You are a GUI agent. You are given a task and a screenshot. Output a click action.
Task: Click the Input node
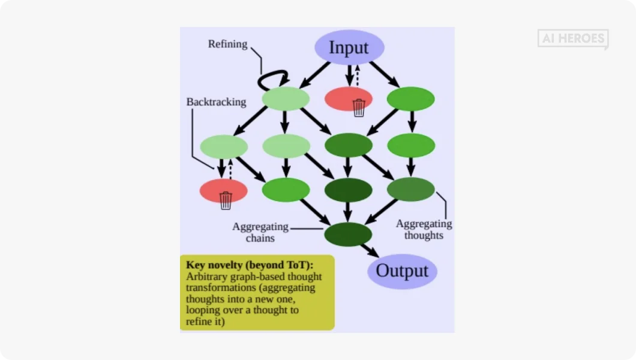tap(349, 47)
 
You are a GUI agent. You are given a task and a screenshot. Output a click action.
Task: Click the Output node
tap(402, 271)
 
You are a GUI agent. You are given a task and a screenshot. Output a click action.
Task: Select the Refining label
tap(227, 44)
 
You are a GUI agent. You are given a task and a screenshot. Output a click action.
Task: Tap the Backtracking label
tap(216, 102)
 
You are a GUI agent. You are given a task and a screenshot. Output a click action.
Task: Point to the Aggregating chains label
tap(260, 233)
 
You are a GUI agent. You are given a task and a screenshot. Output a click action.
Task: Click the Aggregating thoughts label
tap(424, 230)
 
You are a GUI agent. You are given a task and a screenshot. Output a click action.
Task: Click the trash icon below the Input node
tap(359, 107)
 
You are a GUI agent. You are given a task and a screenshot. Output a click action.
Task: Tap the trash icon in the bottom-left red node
tap(226, 200)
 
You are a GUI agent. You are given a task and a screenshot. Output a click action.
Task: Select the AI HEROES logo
tap(573, 39)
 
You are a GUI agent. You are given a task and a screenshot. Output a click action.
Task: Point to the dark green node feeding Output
tap(348, 234)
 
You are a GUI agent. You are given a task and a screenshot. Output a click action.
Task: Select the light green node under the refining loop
tap(286, 98)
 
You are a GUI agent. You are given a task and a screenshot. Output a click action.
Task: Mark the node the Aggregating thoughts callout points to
tap(410, 190)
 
